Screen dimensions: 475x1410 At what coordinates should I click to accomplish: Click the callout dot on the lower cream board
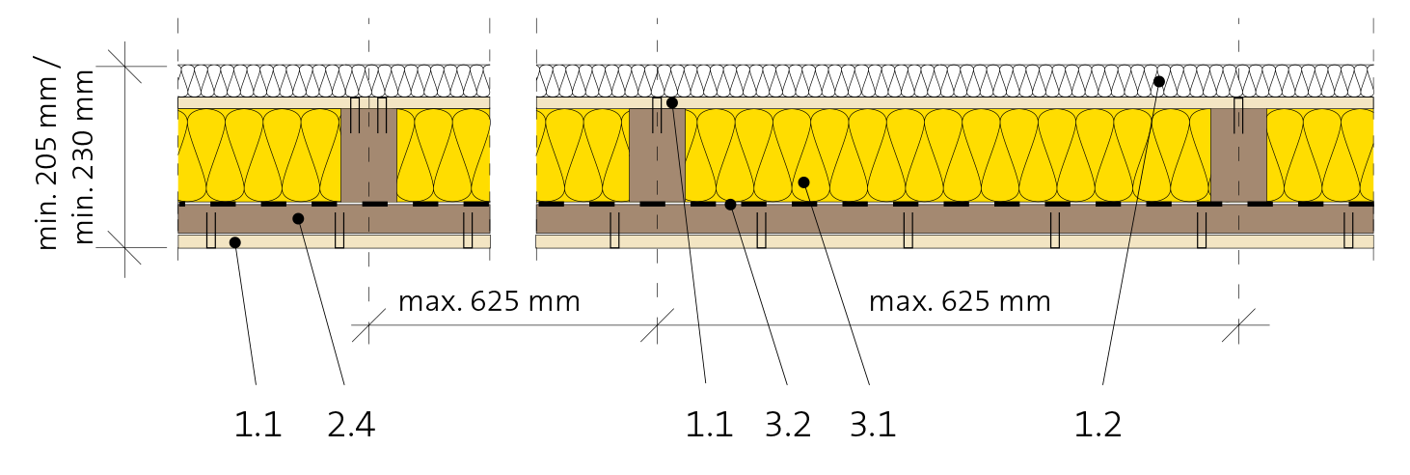[234, 242]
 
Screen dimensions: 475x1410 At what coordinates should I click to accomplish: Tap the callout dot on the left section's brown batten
[298, 219]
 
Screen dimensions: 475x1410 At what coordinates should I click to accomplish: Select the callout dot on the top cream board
[672, 103]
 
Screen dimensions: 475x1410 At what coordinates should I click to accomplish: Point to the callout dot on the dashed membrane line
[730, 205]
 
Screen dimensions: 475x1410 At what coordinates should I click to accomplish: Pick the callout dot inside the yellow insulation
[803, 182]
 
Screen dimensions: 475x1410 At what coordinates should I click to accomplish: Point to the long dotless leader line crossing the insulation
[1142, 174]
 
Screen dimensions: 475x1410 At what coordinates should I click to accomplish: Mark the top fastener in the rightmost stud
[1238, 114]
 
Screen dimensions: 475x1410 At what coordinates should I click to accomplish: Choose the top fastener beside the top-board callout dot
[657, 114]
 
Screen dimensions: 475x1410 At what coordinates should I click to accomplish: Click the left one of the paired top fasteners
[355, 114]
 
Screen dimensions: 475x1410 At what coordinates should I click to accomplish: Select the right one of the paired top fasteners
[382, 114]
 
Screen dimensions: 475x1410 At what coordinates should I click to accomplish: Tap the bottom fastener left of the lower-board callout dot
[211, 230]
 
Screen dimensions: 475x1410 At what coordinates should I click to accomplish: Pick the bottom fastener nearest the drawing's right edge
[1348, 230]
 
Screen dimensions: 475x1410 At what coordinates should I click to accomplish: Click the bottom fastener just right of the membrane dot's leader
[761, 230]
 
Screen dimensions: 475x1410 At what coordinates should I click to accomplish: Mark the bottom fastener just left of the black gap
[468, 230]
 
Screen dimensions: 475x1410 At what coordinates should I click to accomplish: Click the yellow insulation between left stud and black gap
[443, 154]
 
